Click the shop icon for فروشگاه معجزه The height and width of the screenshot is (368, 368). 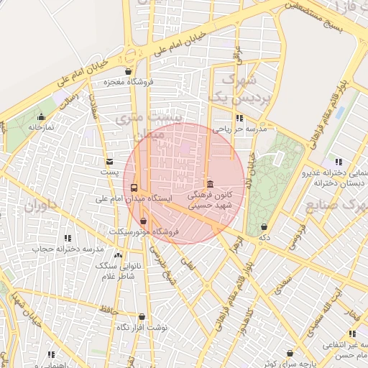point(128,72)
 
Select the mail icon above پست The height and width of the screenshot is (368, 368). point(109,162)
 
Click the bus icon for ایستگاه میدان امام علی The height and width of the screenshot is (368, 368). point(133,188)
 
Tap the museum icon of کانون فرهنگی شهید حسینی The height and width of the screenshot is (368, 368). point(210,184)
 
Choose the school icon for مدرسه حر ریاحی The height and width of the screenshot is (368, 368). point(239,119)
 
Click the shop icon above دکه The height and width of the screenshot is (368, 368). point(264,226)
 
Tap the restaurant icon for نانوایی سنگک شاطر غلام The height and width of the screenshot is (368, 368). point(118,255)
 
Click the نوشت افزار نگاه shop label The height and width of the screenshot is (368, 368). point(142,327)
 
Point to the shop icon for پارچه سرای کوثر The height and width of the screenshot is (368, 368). point(290,354)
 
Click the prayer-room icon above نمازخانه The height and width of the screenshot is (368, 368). point(41,116)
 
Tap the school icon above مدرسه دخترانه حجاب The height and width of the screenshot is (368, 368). point(68,238)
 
